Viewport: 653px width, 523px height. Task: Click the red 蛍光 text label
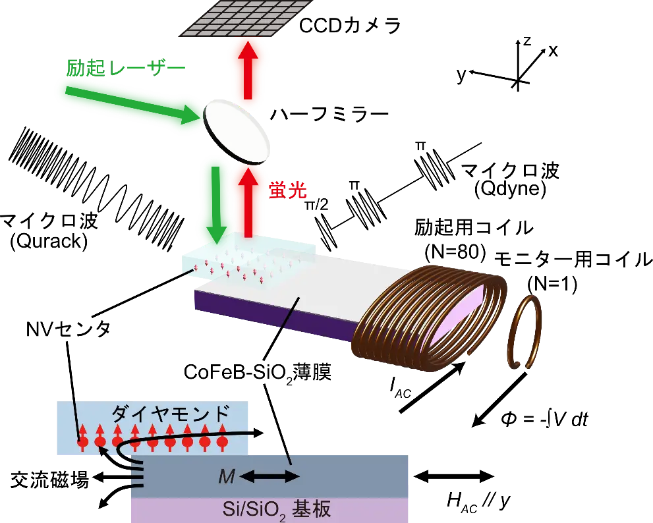289,191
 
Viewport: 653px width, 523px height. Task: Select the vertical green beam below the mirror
213,198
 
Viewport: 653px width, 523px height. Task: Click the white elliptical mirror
238,130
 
